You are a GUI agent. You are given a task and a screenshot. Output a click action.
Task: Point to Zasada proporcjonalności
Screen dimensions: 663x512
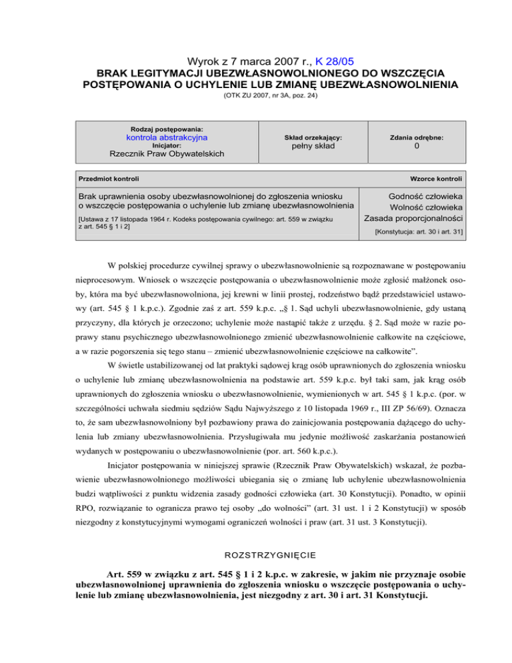click(x=413, y=218)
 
